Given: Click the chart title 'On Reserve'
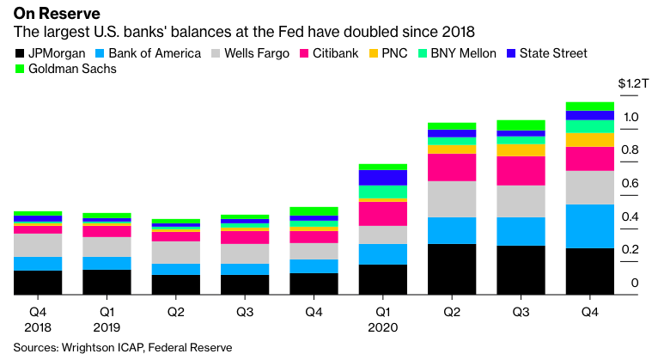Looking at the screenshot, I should tap(51, 15).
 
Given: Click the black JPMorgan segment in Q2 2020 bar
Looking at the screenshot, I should tap(452, 269).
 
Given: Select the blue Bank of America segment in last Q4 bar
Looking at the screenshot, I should tap(589, 226).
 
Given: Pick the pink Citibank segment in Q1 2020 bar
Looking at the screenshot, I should tap(382, 213).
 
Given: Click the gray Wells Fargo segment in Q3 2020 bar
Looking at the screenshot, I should tap(521, 201).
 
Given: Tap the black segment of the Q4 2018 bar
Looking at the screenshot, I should tap(38, 283).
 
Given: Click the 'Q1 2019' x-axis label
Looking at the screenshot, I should tap(107, 320).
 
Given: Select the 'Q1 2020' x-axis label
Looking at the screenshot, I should tap(382, 320).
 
